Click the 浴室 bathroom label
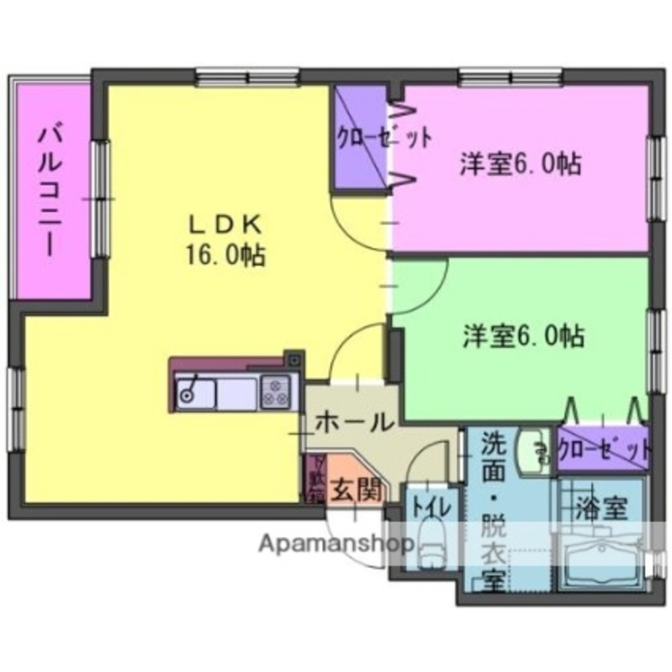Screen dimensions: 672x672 (600, 509)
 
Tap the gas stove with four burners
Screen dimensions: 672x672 (276, 392)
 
